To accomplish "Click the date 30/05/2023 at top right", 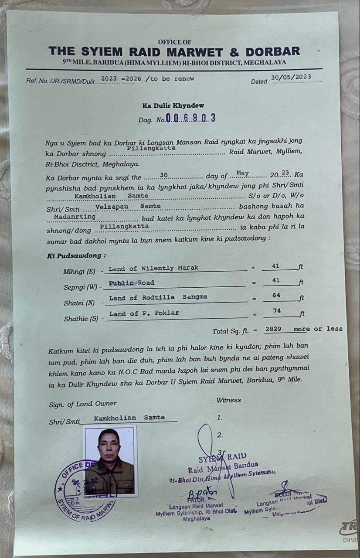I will pyautogui.click(x=291, y=77).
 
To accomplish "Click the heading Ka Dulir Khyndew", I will pyautogui.click(x=173, y=105).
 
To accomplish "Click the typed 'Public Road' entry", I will pyautogui.click(x=131, y=282).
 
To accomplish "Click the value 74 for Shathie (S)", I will pyautogui.click(x=277, y=310).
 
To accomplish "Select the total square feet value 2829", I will pyautogui.click(x=273, y=329).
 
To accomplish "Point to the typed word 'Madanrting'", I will pyautogui.click(x=75, y=216).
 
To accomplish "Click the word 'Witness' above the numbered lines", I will pyautogui.click(x=228, y=400).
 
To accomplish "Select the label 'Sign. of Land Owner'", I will pyautogui.click(x=83, y=404).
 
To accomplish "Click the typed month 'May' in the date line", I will pyautogui.click(x=242, y=173).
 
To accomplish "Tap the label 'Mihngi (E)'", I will pyautogui.click(x=79, y=271).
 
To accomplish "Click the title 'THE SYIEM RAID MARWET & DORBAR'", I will pyautogui.click(x=174, y=51).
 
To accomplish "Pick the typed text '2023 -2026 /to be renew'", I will pyautogui.click(x=147, y=79).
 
